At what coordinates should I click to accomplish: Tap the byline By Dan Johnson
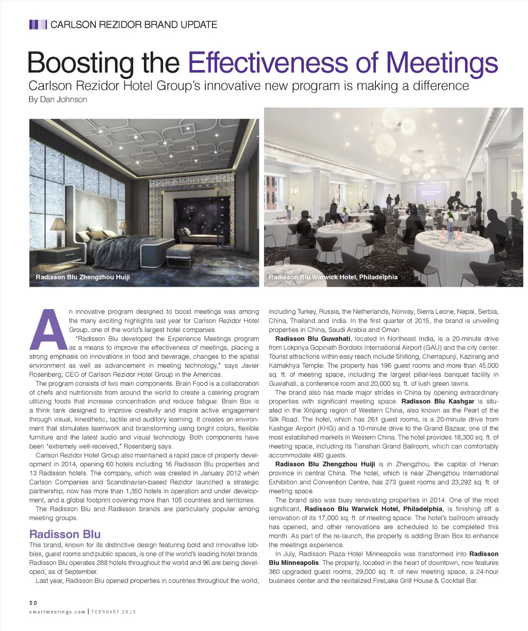coord(58,100)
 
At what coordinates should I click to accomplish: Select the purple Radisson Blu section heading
coord(65,534)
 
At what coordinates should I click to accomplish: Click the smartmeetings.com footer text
coord(57,611)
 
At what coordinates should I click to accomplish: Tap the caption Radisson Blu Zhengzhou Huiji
coord(82,277)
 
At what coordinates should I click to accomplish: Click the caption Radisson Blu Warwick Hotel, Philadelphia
coord(333,277)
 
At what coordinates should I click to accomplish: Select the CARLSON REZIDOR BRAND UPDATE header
coord(134,24)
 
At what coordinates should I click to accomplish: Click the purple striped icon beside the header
coord(38,24)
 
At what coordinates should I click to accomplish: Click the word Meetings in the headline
coord(442,63)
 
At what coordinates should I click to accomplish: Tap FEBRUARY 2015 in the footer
coord(114,611)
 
